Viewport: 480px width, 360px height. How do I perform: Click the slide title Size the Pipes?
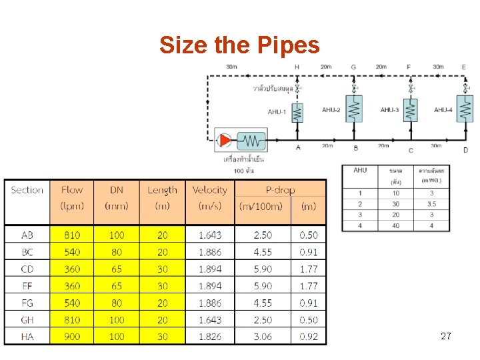click(x=239, y=45)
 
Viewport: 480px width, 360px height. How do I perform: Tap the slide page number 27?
click(x=446, y=336)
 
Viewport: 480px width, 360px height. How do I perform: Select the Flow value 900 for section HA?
click(x=72, y=337)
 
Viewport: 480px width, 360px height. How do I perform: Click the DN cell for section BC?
click(x=117, y=252)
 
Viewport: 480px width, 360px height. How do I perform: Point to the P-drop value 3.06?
click(x=263, y=337)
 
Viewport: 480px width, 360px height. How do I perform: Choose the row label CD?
click(x=27, y=269)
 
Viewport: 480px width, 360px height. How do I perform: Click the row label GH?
click(x=27, y=320)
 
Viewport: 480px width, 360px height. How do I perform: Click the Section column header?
click(x=27, y=190)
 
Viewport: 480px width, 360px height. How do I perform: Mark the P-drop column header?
click(x=280, y=190)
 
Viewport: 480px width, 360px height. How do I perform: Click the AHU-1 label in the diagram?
click(x=277, y=111)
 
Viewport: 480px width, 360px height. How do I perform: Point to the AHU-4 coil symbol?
click(x=465, y=109)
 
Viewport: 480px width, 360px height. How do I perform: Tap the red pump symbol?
click(x=225, y=140)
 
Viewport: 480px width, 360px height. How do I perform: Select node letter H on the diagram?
click(x=297, y=67)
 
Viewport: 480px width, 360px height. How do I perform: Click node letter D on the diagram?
click(x=465, y=150)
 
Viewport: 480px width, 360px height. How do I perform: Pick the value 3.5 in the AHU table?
click(x=431, y=204)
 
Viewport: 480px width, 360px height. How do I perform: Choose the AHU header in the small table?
click(x=360, y=171)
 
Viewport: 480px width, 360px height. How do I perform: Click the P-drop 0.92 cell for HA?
click(x=309, y=337)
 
